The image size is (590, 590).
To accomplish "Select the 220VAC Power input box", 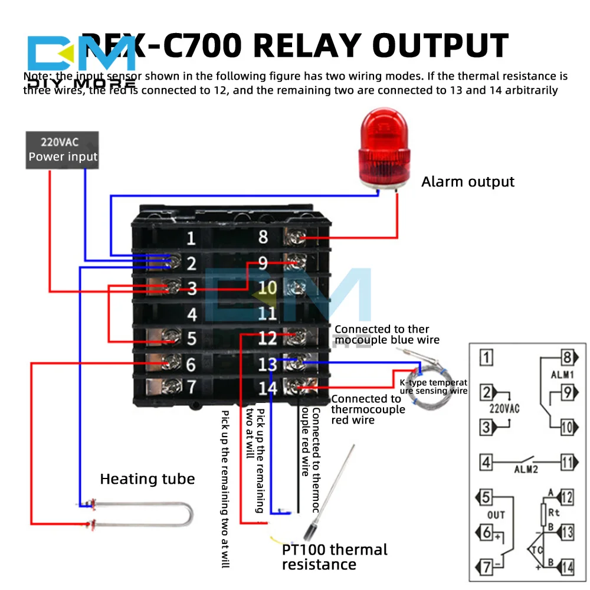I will point(63,150).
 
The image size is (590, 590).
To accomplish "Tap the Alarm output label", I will point(468,182).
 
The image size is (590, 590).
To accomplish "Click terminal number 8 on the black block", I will point(263,237).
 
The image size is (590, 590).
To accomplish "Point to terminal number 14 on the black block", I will point(267,388).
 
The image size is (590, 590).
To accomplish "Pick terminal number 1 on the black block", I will point(191,239).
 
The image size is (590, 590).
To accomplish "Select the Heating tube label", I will point(147,478).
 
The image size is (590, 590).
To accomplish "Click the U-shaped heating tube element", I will point(142,513).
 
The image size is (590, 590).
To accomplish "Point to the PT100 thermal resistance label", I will point(335,557).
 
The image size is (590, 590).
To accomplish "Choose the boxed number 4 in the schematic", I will point(486,461).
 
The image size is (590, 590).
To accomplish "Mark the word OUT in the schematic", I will point(496,515).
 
